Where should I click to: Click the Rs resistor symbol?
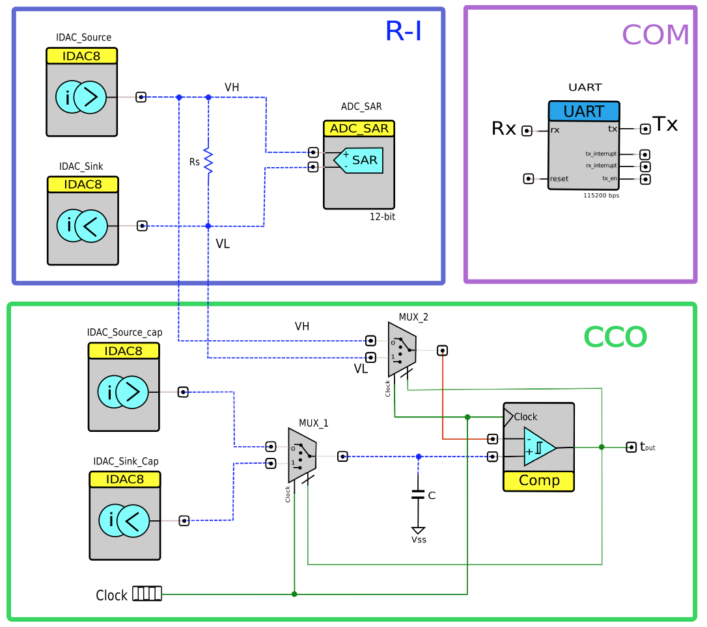[x=208, y=160]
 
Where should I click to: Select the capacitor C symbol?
[x=418, y=495]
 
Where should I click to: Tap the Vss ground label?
[x=419, y=540]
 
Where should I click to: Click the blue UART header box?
[x=583, y=111]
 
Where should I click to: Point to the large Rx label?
[x=503, y=129]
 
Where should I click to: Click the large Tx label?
[x=665, y=124]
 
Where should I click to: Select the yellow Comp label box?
[x=539, y=481]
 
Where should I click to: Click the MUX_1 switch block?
[x=302, y=455]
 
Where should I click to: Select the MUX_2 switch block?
[x=402, y=349]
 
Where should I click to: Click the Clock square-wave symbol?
[x=147, y=593]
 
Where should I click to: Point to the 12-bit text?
[x=382, y=217]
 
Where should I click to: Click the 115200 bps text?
[x=601, y=195]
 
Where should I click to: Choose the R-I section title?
[x=404, y=31]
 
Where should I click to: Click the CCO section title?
[x=615, y=337]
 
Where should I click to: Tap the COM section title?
[x=655, y=35]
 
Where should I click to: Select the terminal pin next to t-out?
[x=631, y=447]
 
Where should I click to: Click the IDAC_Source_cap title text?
[x=124, y=332]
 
